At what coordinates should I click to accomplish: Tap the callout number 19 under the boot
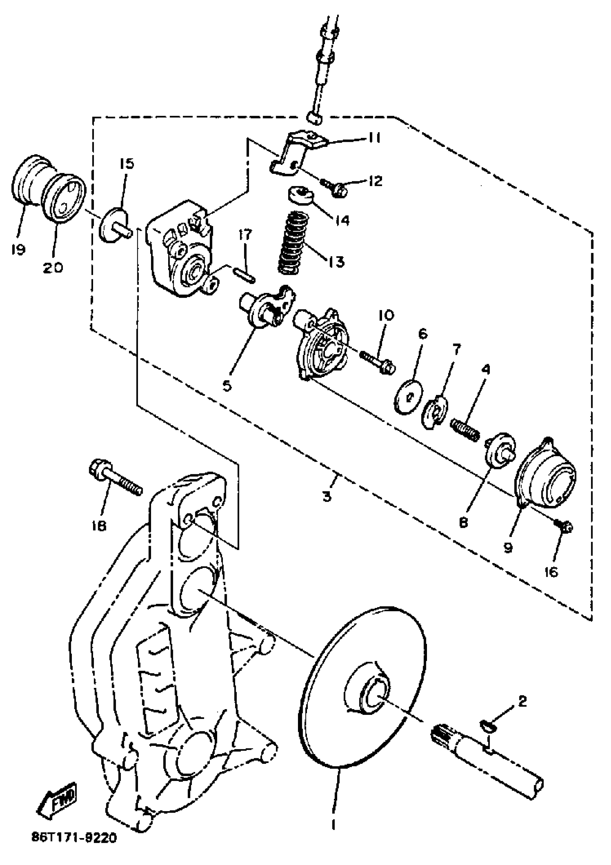point(18,250)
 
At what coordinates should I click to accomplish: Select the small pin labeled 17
point(244,274)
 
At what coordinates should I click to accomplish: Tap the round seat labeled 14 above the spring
point(300,195)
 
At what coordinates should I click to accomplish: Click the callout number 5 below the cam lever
point(227,386)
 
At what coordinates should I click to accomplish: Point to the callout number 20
point(53,268)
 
